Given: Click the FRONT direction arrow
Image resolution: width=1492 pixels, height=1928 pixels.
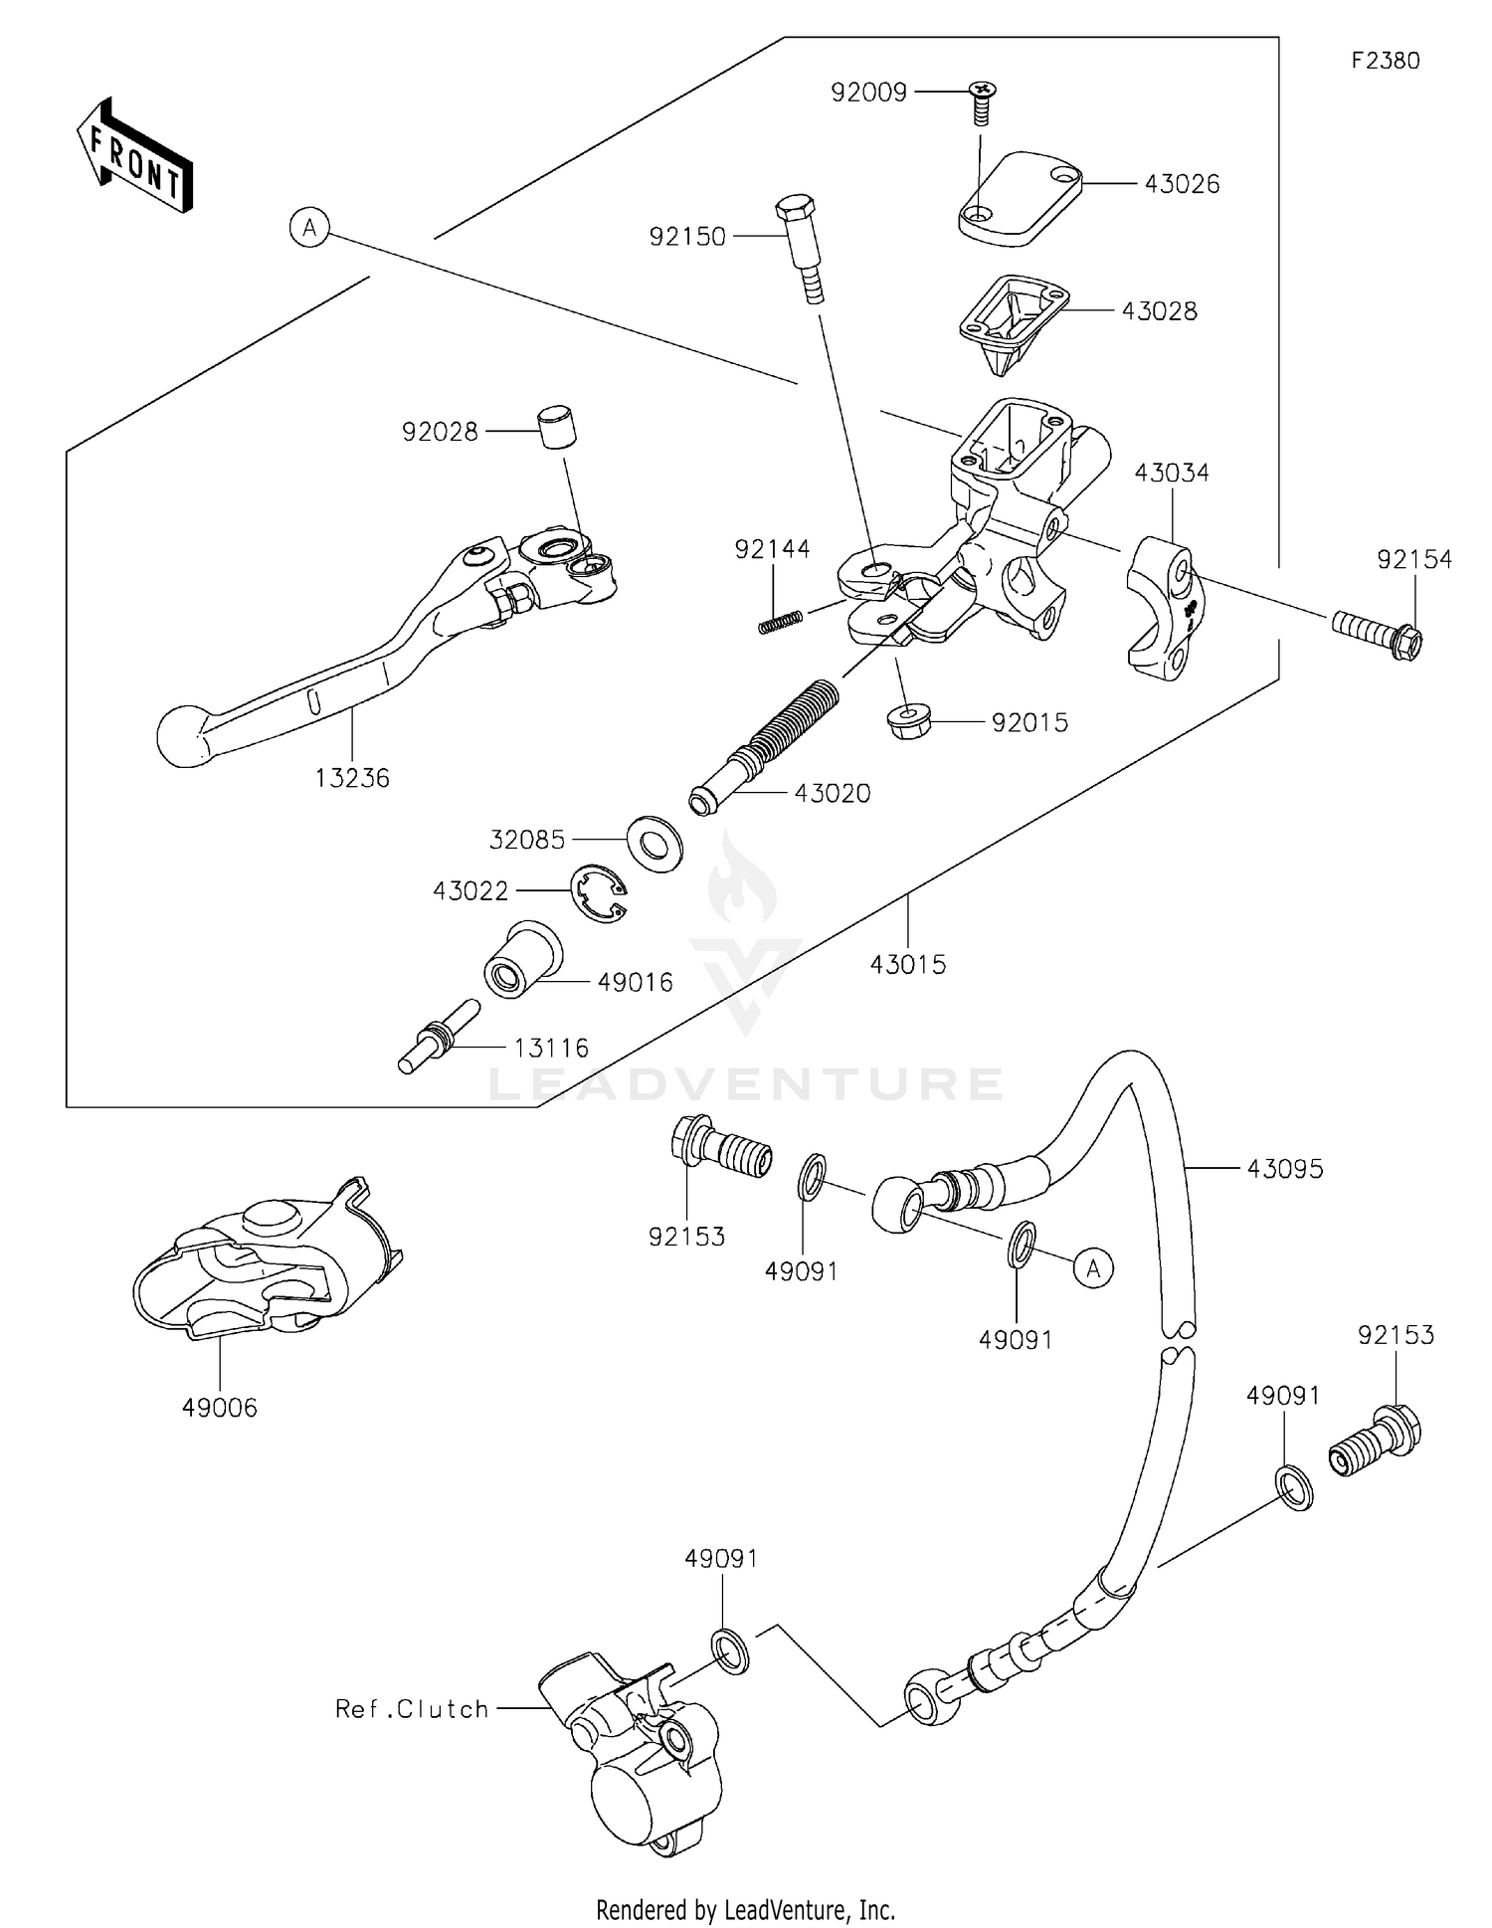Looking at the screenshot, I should pos(135,157).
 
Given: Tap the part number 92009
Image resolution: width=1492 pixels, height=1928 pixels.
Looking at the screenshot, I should pos(868,93).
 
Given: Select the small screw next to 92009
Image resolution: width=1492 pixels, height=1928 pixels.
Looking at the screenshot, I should pos(982,101).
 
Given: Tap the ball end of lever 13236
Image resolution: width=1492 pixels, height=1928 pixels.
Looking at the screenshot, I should pos(185,737).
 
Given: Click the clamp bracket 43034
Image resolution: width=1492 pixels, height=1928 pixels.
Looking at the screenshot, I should pos(1165,607).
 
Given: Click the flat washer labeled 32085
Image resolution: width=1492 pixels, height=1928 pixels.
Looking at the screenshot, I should pos(654,842).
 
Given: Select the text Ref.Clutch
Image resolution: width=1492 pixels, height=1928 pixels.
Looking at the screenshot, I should pos(412,1709).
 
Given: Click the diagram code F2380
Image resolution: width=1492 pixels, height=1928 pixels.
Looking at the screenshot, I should pos(1385,61).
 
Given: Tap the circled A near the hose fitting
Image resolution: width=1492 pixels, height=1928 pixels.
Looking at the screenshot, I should pos(1094,1268).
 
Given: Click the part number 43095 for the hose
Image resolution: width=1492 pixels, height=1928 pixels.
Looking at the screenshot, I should pos(1285,1169).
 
